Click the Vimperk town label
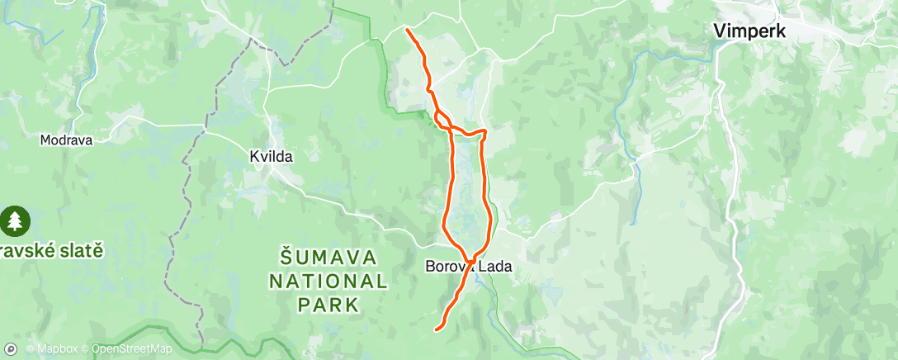749,31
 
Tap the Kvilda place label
272,155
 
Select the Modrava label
66,140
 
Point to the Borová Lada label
468,267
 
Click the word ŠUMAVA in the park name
328,257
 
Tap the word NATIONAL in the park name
328,281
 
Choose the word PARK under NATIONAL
328,305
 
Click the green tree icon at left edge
14,220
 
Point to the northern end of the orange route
408,31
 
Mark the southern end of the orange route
437,329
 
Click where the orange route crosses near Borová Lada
470,262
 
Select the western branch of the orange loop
450,190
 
